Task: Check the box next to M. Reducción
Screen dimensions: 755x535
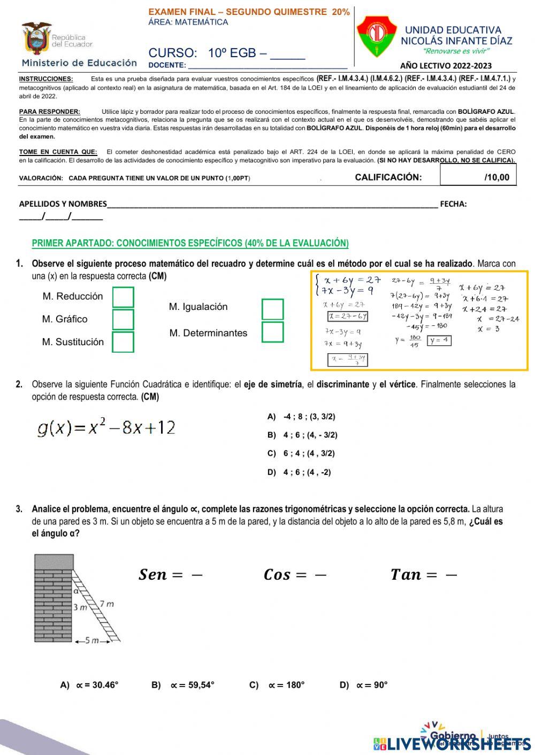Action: [123, 297]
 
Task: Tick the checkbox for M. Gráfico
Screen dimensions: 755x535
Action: [123, 320]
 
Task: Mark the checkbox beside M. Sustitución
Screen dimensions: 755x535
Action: [123, 342]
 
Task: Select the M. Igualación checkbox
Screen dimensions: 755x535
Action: [272, 309]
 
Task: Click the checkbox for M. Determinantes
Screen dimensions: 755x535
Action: [272, 332]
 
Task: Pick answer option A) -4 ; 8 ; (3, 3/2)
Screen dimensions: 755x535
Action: [302, 417]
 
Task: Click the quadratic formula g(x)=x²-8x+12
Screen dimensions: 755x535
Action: [106, 427]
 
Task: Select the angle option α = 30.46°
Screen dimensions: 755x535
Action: [90, 685]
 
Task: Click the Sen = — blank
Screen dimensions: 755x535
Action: [171, 575]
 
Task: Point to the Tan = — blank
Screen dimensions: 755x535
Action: [424, 575]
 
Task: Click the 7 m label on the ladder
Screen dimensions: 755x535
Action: [106, 604]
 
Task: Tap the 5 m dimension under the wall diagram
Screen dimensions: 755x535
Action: [91, 641]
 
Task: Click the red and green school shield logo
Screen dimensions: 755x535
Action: [377, 36]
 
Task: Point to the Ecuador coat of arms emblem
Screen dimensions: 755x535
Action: [36, 38]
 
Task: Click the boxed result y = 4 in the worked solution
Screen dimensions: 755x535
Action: [439, 340]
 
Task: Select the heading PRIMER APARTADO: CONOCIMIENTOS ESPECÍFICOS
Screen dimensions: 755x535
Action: [190, 243]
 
